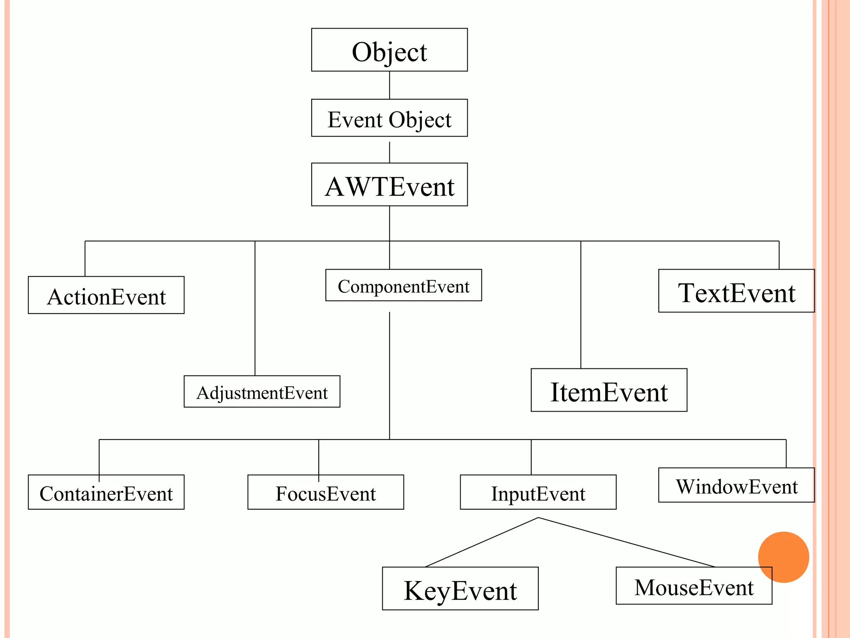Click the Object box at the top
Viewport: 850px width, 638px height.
[389, 50]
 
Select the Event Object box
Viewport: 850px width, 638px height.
[389, 118]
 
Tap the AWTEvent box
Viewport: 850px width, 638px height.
[389, 184]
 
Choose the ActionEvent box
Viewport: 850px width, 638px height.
[106, 295]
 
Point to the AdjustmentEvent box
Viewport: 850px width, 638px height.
[262, 392]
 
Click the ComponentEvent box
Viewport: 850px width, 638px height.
[403, 285]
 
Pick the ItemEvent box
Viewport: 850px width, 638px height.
[609, 390]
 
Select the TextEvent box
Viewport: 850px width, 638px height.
[736, 291]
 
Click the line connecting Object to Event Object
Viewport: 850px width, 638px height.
[389, 85]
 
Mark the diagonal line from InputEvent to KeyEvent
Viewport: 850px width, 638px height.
[481, 542]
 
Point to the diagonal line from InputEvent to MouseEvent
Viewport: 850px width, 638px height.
[627, 542]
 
